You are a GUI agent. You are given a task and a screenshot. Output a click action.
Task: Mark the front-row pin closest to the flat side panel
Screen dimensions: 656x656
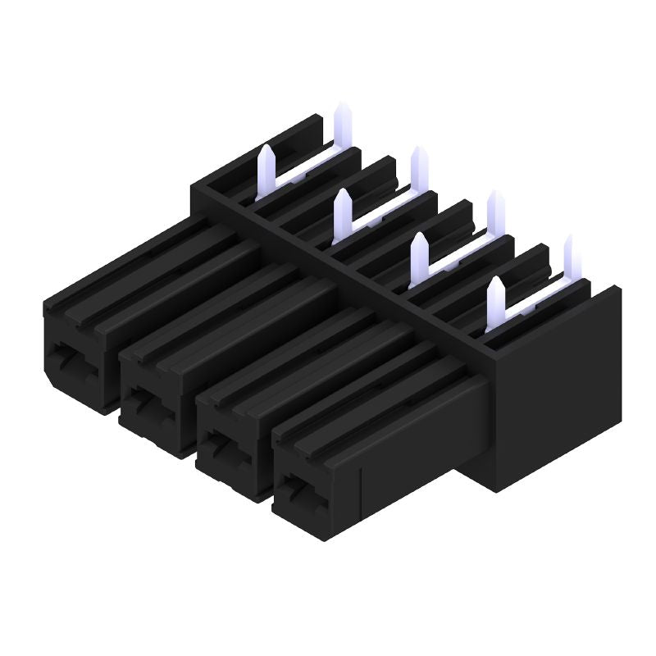(495, 283)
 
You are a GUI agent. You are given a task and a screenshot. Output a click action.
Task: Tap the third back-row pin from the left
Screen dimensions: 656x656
(496, 196)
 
